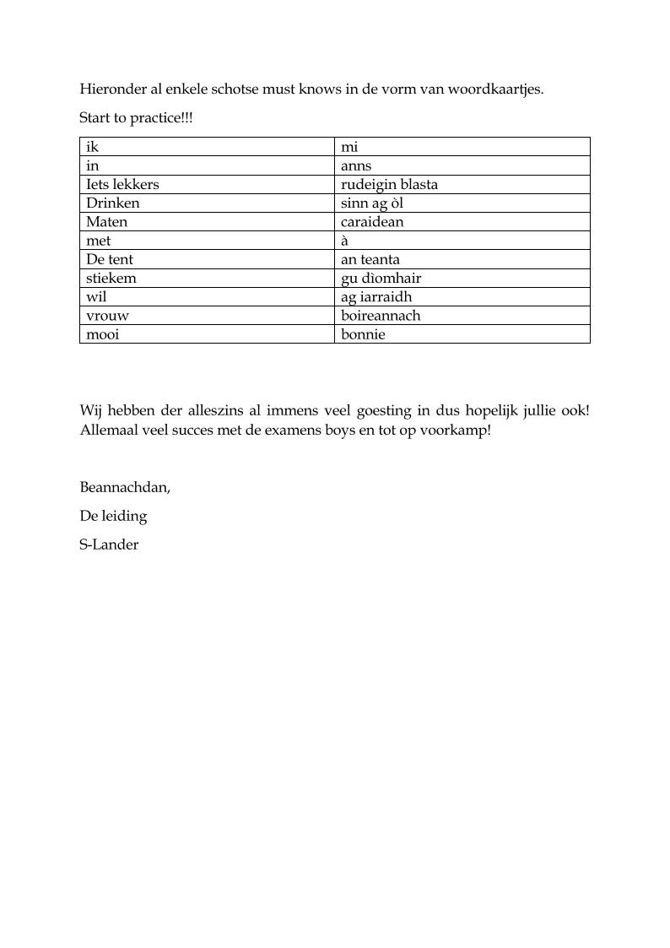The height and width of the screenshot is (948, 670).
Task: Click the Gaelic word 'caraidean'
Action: (372, 222)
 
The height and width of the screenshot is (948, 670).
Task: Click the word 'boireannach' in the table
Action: (380, 316)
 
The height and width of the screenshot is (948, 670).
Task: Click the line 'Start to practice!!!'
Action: (136, 118)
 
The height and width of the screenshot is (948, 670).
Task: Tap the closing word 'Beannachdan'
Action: (124, 487)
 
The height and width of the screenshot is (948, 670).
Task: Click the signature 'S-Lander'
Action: (109, 544)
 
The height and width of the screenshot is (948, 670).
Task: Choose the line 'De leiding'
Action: (113, 516)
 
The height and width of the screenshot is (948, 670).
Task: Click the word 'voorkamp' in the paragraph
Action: (459, 431)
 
